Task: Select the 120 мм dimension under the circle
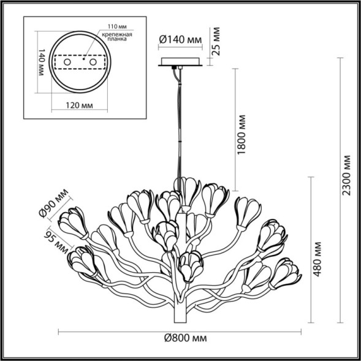(78, 105)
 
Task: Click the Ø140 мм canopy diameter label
(180, 39)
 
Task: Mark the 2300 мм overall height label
(347, 176)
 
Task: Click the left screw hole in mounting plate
(68, 62)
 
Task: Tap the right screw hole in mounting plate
(93, 62)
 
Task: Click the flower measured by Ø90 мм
(78, 222)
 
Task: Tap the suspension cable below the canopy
(181, 123)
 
